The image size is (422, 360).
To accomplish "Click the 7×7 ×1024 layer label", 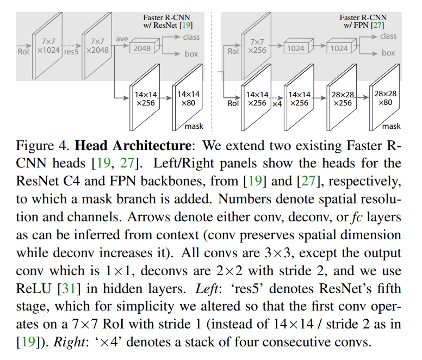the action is tap(48, 46).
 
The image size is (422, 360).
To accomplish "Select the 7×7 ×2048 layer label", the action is tap(97, 46).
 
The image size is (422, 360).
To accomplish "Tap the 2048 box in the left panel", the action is tap(142, 48).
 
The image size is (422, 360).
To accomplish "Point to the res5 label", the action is tap(71, 52).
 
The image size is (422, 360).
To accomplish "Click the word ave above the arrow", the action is tap(122, 39).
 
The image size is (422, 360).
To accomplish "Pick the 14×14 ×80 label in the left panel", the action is tap(188, 98).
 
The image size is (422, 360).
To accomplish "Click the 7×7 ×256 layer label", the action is tap(257, 46).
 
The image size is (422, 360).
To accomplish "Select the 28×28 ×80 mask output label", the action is tap(386, 98).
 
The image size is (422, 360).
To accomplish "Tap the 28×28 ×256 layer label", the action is tap(343, 99).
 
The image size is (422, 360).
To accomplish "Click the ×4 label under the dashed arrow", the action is tap(277, 104).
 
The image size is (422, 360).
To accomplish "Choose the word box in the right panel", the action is tap(388, 53).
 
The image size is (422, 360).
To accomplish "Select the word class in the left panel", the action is tap(191, 37).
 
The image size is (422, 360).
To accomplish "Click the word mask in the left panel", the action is tap(194, 126).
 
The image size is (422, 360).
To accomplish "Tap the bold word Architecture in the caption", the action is tap(152, 146).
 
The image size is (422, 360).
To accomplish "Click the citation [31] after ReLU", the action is tap(69, 288).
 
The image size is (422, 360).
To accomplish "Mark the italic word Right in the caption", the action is tap(70, 342).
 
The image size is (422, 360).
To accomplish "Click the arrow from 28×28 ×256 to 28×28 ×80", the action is tap(363, 97).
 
